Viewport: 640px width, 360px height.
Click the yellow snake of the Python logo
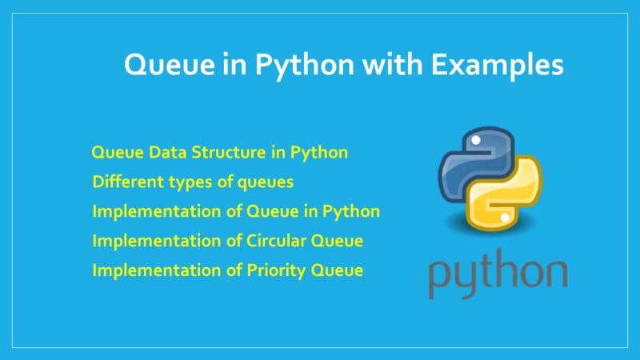(512, 200)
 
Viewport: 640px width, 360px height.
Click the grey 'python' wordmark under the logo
(497, 272)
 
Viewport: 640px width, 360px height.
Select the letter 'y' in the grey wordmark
(463, 276)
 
